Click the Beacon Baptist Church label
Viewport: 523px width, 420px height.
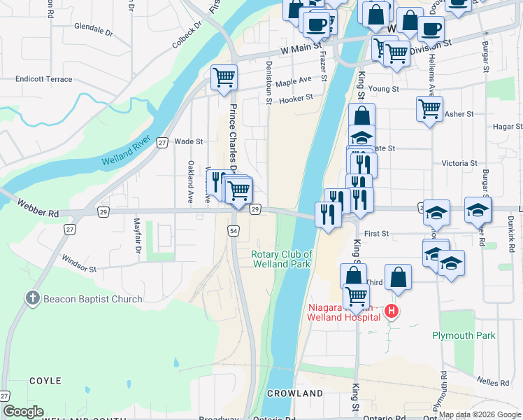(92, 299)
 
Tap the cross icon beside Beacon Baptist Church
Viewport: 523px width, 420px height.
(32, 299)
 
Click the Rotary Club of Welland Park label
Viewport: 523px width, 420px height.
(282, 259)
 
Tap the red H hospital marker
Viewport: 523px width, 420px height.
(392, 311)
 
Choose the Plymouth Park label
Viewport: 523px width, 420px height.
(464, 335)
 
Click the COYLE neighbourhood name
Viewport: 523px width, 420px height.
(45, 381)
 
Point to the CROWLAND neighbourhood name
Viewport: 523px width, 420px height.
(294, 394)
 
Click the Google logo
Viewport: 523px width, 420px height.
(24, 412)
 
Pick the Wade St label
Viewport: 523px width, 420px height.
(188, 141)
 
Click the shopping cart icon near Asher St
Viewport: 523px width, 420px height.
(429, 109)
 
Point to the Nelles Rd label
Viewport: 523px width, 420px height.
(495, 382)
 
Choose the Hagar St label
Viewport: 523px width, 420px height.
(508, 127)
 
